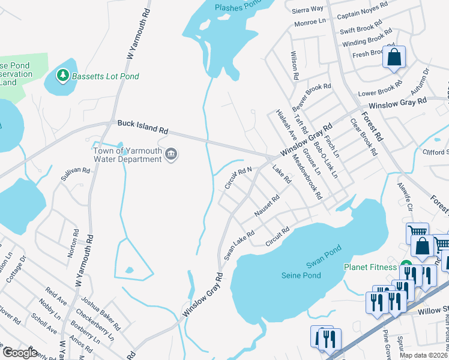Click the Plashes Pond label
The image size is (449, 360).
click(x=238, y=7)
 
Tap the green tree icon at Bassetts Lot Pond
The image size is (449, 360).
click(x=61, y=75)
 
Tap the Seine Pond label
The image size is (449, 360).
click(x=301, y=275)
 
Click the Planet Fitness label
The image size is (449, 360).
click(x=370, y=267)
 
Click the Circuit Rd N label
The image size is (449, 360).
click(x=238, y=178)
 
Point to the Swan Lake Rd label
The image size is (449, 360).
click(x=240, y=245)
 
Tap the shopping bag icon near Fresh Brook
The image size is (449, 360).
click(x=394, y=58)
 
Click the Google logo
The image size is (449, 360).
click(x=20, y=353)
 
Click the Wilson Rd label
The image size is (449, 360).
click(x=295, y=66)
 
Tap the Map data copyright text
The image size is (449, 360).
click(x=423, y=355)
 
